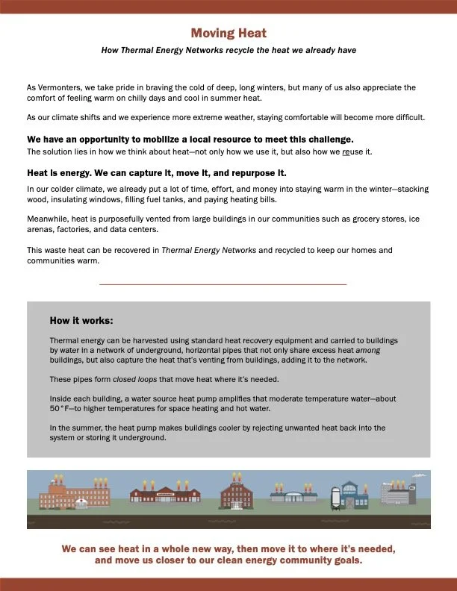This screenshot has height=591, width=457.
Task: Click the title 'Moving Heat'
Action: [228, 34]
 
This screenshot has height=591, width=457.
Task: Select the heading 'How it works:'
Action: [81, 321]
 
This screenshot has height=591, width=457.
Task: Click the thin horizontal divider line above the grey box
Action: [223, 284]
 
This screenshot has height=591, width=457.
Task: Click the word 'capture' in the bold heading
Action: [150, 173]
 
